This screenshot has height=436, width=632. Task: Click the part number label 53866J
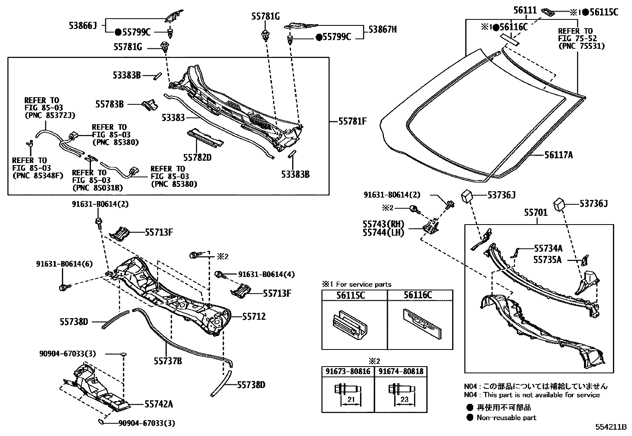pos(83,26)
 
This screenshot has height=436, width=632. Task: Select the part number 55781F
pos(352,121)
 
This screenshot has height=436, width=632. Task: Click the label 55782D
pos(197,157)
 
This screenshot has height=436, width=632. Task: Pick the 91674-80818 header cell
pos(401,372)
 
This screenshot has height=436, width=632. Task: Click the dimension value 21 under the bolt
pos(351,400)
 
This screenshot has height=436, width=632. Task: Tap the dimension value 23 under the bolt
pos(404,400)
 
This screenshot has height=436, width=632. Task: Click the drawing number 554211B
pos(610,427)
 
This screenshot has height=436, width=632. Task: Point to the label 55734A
pos(548,248)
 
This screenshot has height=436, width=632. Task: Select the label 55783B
pos(109,104)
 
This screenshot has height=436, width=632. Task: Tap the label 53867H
pos(382,29)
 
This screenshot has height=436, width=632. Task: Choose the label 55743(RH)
pos(383,224)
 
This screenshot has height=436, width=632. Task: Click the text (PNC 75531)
pos(581,46)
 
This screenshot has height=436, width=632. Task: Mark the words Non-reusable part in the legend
pos(506,417)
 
